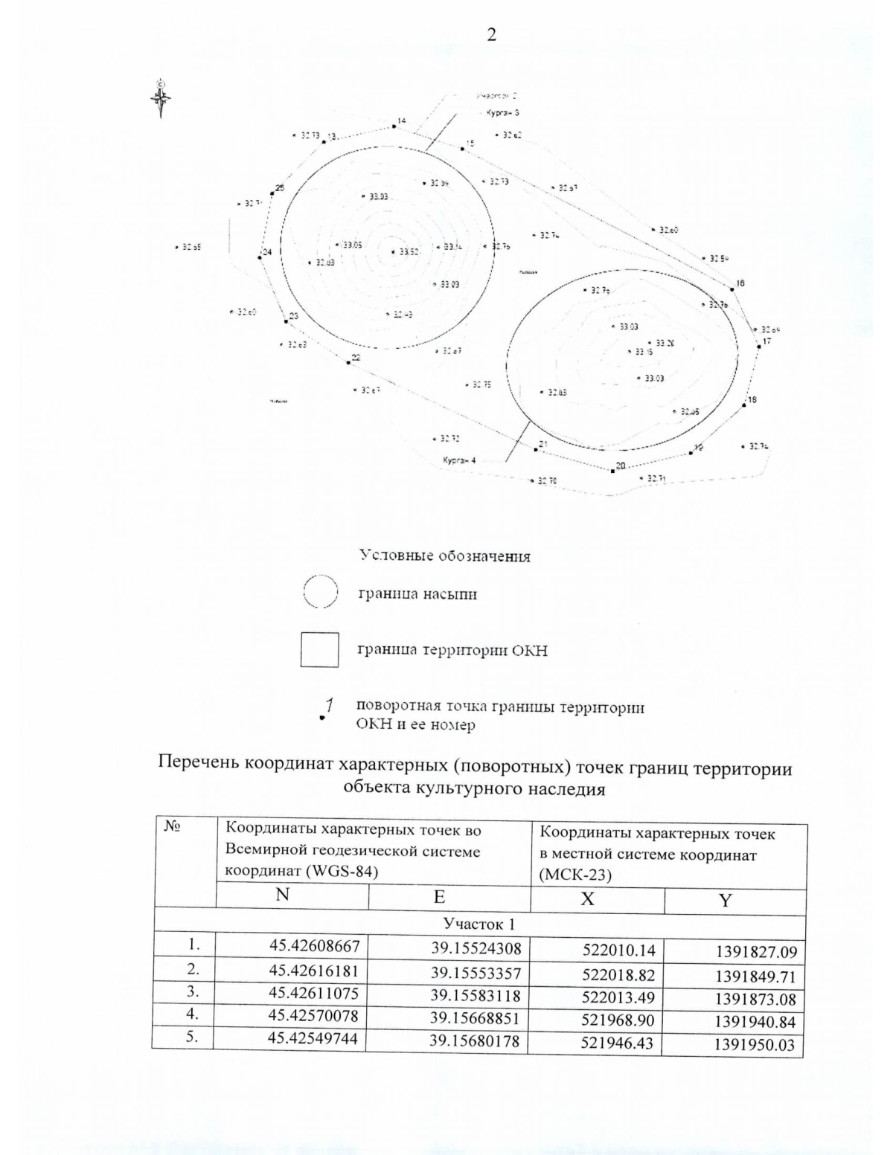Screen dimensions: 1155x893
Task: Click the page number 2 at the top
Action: [490, 35]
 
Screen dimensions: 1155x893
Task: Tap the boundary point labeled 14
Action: [395, 126]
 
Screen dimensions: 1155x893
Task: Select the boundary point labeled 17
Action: [758, 345]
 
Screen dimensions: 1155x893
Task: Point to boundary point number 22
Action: [348, 362]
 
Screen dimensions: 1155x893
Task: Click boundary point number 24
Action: [260, 257]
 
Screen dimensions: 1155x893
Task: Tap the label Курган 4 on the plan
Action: [459, 460]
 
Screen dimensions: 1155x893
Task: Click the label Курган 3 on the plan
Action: [502, 112]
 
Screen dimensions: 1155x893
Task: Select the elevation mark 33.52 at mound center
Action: [408, 252]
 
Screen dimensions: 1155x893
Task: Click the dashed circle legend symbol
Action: [321, 593]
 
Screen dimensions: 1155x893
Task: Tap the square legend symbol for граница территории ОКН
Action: [320, 650]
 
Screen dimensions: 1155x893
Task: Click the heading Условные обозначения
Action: [445, 556]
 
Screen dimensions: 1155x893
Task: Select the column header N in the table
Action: [283, 895]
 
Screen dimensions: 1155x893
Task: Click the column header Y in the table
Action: [725, 901]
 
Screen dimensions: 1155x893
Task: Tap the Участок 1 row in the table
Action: [479, 924]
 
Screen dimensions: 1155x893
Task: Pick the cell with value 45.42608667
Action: [315, 946]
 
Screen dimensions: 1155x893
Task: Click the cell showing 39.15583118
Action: [476, 995]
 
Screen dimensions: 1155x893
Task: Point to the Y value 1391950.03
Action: [754, 1045]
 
